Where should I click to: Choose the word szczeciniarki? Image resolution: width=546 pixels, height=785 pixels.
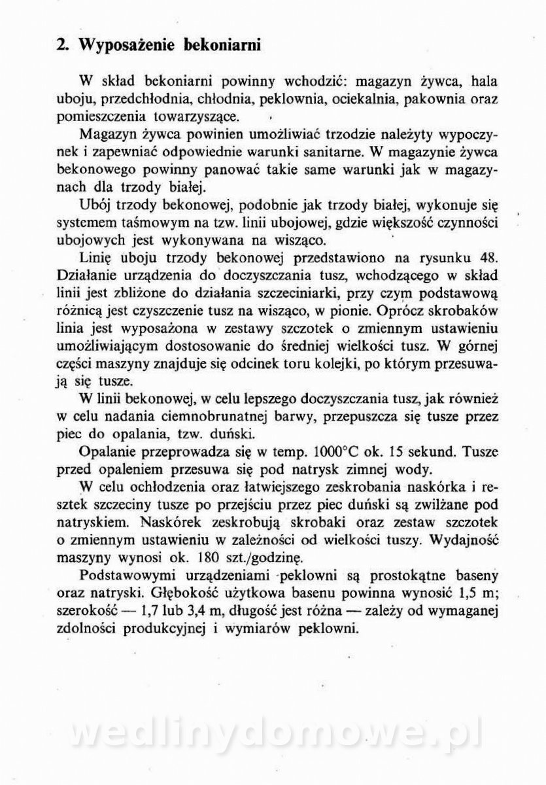tap(351, 289)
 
